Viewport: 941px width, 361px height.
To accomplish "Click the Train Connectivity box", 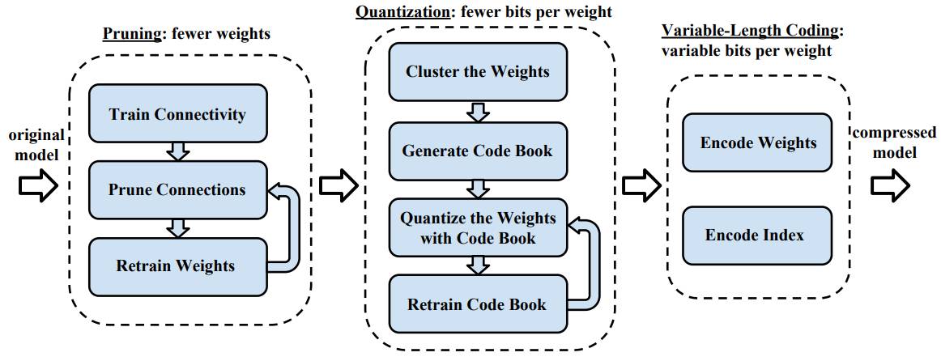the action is click(177, 113).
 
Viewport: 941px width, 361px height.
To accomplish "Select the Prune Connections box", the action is click(177, 189).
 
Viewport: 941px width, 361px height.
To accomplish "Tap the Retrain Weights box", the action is click(177, 266).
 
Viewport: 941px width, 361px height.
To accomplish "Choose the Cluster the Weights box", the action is click(478, 71).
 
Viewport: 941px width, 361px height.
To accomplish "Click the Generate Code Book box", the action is click(478, 151).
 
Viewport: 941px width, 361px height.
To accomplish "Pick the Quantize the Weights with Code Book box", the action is click(478, 228).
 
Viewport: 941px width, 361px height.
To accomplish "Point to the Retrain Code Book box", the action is click(478, 304).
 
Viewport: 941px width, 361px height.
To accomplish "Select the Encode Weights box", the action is click(757, 142).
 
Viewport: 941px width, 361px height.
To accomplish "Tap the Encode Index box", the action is click(757, 235).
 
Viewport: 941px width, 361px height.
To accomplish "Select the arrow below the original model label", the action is click(38, 186).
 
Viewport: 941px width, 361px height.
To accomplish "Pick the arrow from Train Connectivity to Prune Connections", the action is click(177, 151).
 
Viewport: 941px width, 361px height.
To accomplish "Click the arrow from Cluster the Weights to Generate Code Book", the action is click(478, 111).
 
